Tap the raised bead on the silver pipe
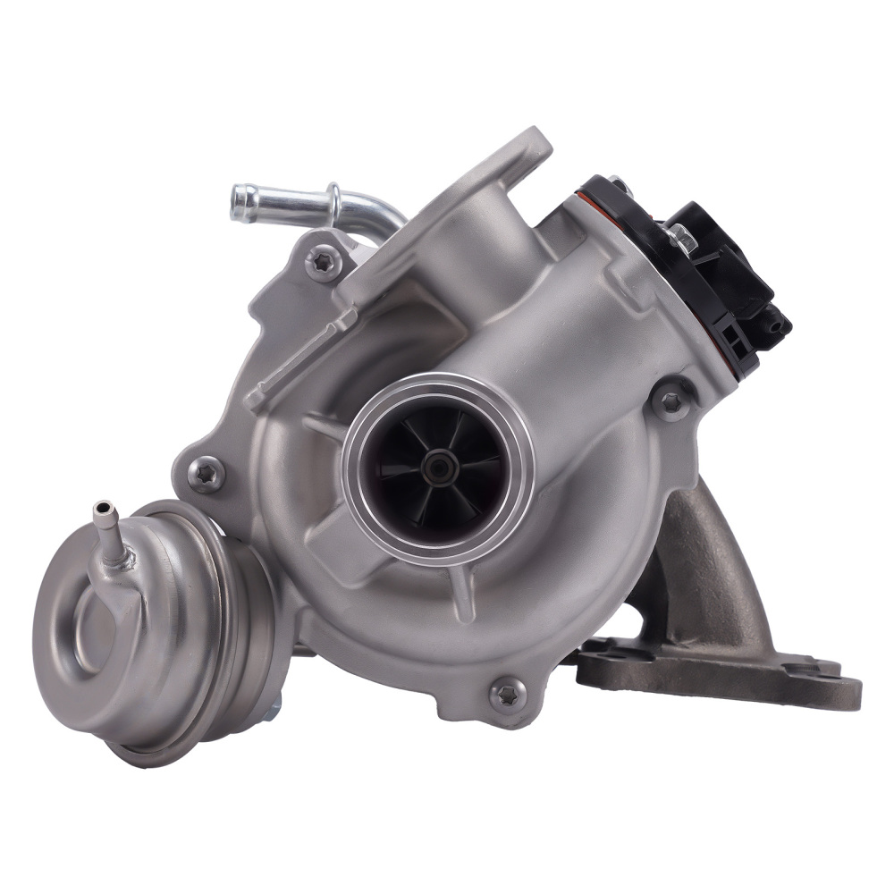tap(334, 203)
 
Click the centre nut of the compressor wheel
tap(437, 464)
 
